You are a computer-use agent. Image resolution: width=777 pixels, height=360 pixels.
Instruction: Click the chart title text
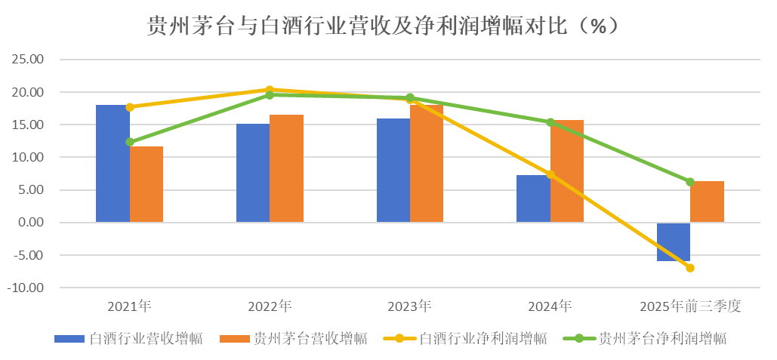(388, 26)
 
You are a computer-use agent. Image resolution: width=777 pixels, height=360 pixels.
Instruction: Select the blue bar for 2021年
(113, 163)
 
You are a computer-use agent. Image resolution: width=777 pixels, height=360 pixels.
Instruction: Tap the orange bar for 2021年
(146, 184)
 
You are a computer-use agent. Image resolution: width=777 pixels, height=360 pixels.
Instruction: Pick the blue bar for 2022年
(253, 173)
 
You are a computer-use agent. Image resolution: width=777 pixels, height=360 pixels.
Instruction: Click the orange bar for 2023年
(427, 164)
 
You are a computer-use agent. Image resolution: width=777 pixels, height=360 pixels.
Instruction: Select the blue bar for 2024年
(533, 198)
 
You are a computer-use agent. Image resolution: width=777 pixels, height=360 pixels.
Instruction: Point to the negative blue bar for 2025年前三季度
(674, 242)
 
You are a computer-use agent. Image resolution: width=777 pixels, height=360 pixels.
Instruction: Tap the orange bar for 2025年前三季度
(708, 202)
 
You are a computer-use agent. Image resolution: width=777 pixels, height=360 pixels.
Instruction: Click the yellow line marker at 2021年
(130, 107)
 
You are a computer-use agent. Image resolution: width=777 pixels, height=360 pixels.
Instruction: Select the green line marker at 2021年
(130, 142)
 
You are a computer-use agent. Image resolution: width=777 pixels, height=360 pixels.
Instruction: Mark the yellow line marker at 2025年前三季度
(690, 268)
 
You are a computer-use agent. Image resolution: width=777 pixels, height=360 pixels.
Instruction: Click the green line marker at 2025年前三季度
(690, 182)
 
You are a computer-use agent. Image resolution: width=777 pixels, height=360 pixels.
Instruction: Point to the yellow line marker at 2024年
(550, 175)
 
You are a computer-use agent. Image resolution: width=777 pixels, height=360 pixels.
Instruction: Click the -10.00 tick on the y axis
(28, 288)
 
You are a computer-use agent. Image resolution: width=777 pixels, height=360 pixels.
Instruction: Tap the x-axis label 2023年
(410, 306)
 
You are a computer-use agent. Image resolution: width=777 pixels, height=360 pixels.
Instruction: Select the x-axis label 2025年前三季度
(690, 306)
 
